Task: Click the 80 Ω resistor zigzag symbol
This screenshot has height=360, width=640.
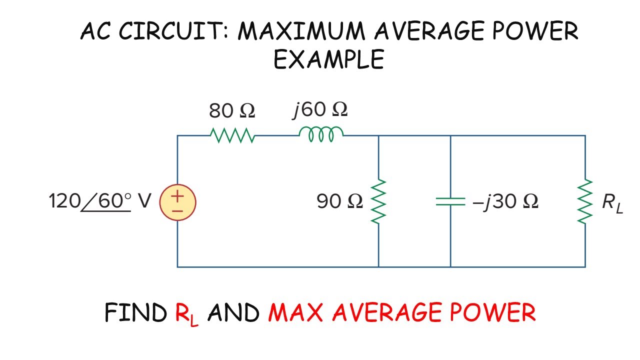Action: [232, 135]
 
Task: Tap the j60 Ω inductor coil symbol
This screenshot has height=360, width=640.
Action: [321, 133]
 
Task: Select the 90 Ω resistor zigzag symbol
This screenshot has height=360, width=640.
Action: [378, 201]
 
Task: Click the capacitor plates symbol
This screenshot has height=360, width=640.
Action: [450, 201]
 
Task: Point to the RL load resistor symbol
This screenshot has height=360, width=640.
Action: [585, 201]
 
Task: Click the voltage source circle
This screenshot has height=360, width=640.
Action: [177, 202]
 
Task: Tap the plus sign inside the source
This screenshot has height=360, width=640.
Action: [177, 196]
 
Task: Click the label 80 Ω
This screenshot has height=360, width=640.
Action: [232, 111]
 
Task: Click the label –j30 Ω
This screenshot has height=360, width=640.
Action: [505, 201]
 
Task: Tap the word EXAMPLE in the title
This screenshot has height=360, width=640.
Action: [329, 59]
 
